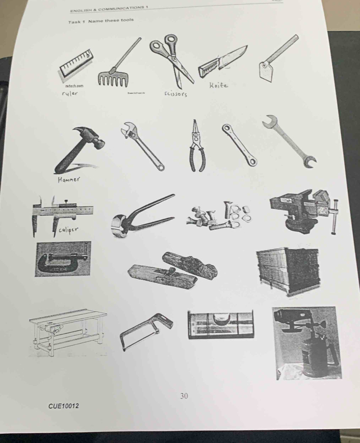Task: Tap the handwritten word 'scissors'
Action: pos(176,94)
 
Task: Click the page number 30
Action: pos(184,396)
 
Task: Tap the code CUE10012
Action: pos(64,405)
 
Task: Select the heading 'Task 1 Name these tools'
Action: pos(100,21)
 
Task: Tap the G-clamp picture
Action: pos(62,259)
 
